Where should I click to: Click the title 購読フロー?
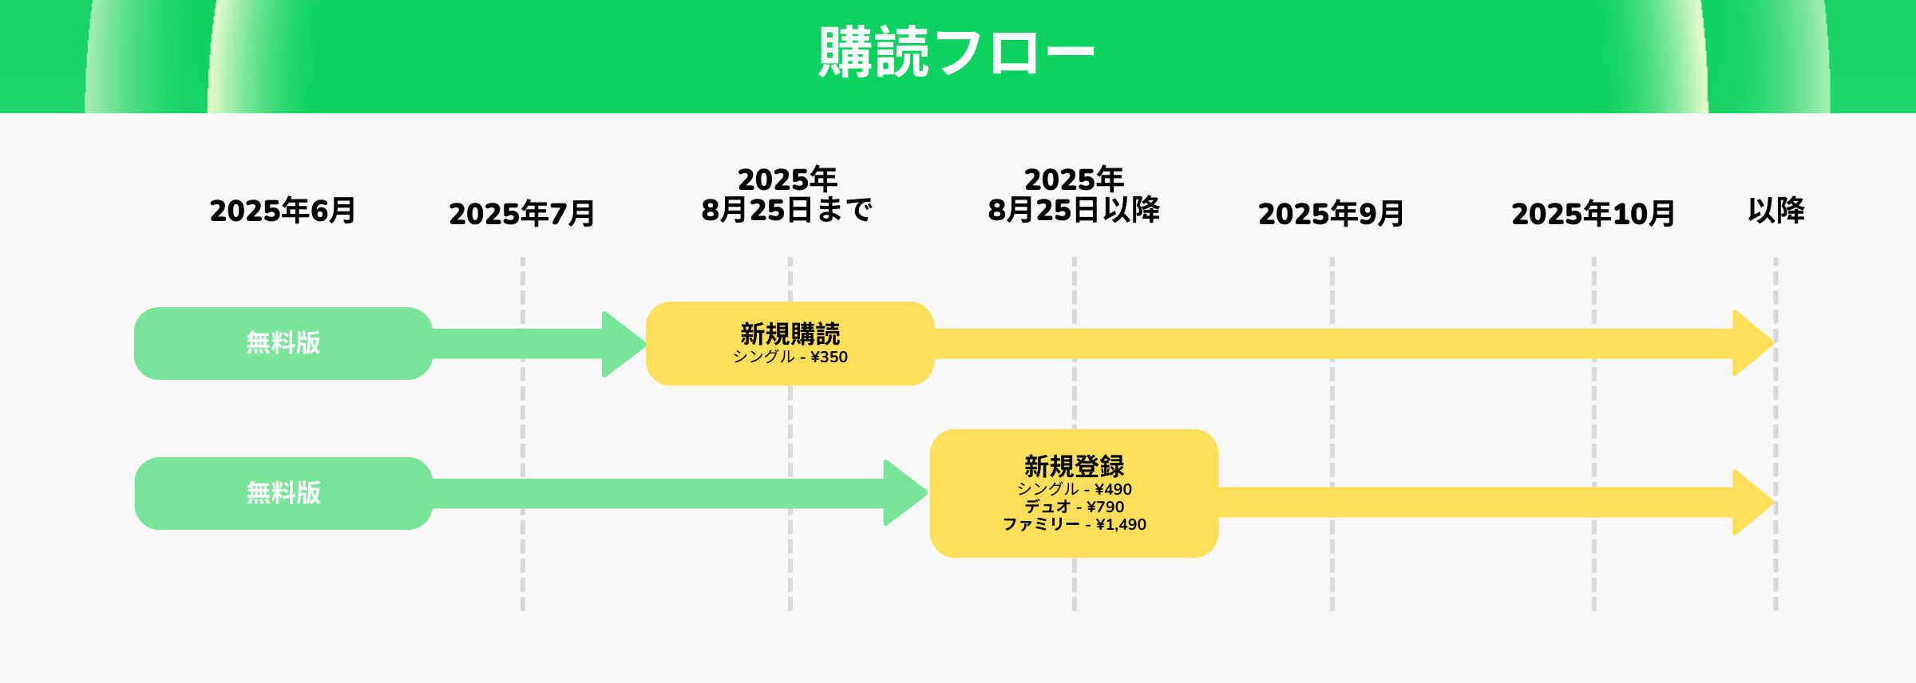pyautogui.click(x=956, y=53)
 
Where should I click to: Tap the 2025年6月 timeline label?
pyautogui.click(x=283, y=211)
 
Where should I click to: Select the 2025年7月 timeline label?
pyautogui.click(x=522, y=214)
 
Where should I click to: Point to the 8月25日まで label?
pyautogui.click(x=787, y=210)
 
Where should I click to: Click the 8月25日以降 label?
pyautogui.click(x=1075, y=210)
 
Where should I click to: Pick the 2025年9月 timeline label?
pyautogui.click(x=1332, y=214)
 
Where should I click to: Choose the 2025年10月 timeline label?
pyautogui.click(x=1593, y=214)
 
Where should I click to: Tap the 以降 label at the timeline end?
pyautogui.click(x=1776, y=211)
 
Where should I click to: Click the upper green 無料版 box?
pyautogui.click(x=283, y=343)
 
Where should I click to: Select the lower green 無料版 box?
pyautogui.click(x=283, y=493)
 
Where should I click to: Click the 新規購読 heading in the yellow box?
pyautogui.click(x=790, y=334)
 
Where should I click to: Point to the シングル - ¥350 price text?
pyautogui.click(x=790, y=357)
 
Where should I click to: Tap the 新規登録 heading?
pyautogui.click(x=1075, y=466)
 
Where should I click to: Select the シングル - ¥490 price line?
pyautogui.click(x=1075, y=489)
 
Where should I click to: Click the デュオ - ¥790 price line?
pyautogui.click(x=1075, y=507)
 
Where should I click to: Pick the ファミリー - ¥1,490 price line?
pyautogui.click(x=1075, y=524)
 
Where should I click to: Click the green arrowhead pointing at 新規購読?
pyautogui.click(x=623, y=344)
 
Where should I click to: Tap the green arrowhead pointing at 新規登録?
pyautogui.click(x=905, y=493)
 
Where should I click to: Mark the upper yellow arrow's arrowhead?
pyautogui.click(x=1753, y=343)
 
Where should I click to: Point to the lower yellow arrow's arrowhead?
pyautogui.click(x=1753, y=503)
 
